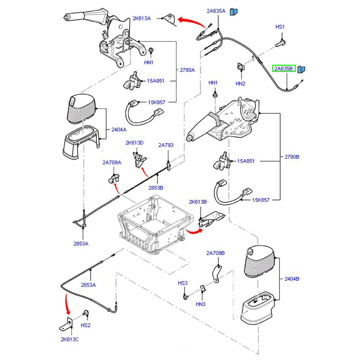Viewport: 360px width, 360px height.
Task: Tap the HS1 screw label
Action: [280, 27]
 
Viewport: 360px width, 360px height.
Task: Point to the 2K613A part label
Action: [141, 18]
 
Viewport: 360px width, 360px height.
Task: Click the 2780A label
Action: [188, 70]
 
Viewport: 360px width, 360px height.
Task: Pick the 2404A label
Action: [119, 129]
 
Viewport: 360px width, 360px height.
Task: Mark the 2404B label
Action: [291, 279]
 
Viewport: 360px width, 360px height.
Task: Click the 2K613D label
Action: [134, 143]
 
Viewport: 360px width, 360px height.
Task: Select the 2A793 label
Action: [166, 145]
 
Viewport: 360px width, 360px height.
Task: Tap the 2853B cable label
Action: [156, 187]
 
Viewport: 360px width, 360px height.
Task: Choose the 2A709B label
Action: [216, 253]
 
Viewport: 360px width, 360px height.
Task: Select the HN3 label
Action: [201, 305]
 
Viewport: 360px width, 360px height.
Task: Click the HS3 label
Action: [182, 283]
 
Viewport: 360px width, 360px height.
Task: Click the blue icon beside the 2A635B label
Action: [302, 69]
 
